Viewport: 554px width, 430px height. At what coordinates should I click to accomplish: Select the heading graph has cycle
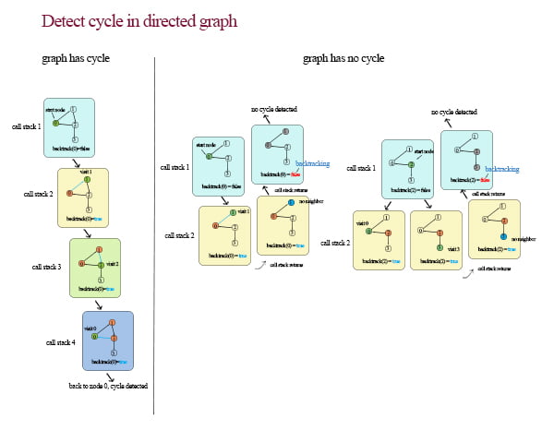coord(76,58)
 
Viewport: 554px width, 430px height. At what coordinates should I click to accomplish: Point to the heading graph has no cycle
coord(343,58)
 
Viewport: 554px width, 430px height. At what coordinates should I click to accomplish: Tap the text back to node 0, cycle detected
coord(109,386)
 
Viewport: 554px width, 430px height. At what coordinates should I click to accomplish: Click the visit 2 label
coord(113,264)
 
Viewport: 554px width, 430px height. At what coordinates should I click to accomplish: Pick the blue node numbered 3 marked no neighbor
coord(504,238)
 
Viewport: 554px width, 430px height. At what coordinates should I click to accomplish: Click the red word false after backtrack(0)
coord(293,173)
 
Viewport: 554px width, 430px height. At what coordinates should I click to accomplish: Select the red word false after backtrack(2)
coord(484,180)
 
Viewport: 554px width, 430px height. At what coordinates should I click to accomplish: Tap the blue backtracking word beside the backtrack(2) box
coord(501,169)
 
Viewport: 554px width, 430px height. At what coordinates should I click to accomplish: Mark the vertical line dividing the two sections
coord(154,231)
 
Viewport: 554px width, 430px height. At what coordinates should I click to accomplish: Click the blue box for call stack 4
coord(107,340)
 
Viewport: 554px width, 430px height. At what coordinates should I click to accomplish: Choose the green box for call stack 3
coord(95,268)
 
